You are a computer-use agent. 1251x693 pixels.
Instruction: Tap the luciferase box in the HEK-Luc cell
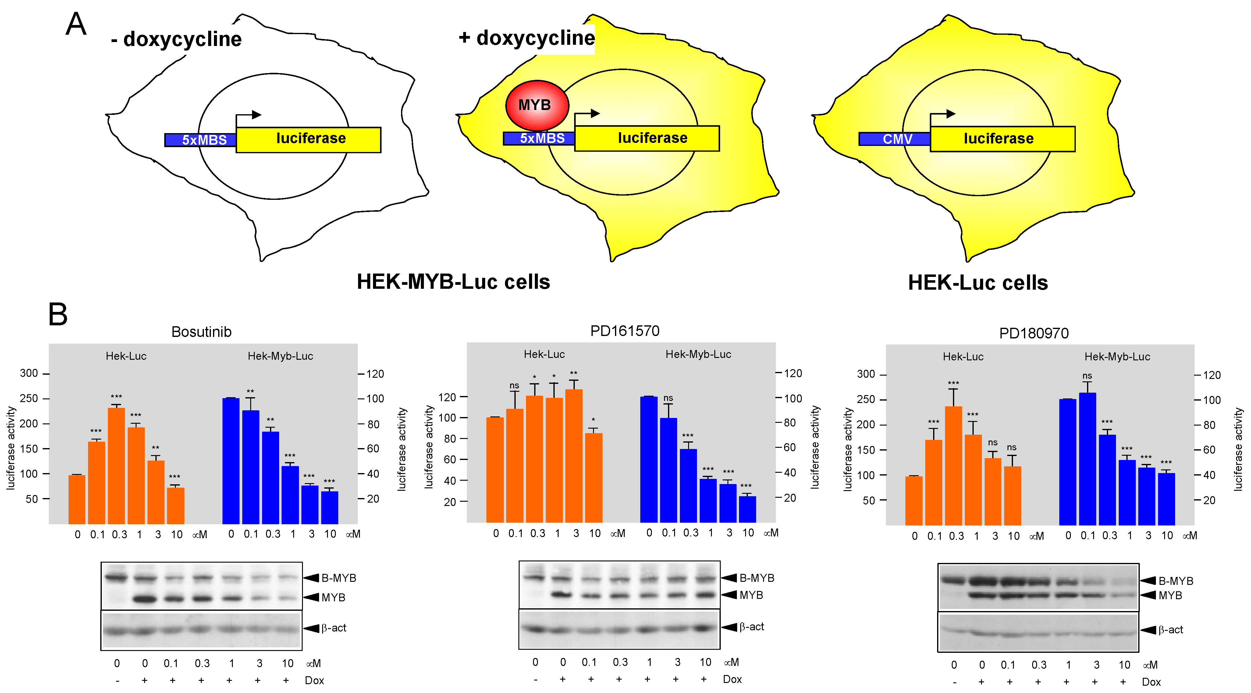click(1002, 139)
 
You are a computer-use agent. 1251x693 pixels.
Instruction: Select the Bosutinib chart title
click(201, 332)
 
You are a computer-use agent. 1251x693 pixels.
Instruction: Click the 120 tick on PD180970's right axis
click(1211, 375)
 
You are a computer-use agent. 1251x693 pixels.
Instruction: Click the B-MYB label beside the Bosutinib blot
click(339, 578)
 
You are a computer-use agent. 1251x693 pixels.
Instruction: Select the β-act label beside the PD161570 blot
click(751, 627)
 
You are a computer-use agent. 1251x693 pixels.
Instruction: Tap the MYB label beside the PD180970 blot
click(1170, 596)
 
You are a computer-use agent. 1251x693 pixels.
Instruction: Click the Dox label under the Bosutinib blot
click(314, 681)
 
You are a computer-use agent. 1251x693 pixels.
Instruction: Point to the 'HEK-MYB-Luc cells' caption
click(453, 282)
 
